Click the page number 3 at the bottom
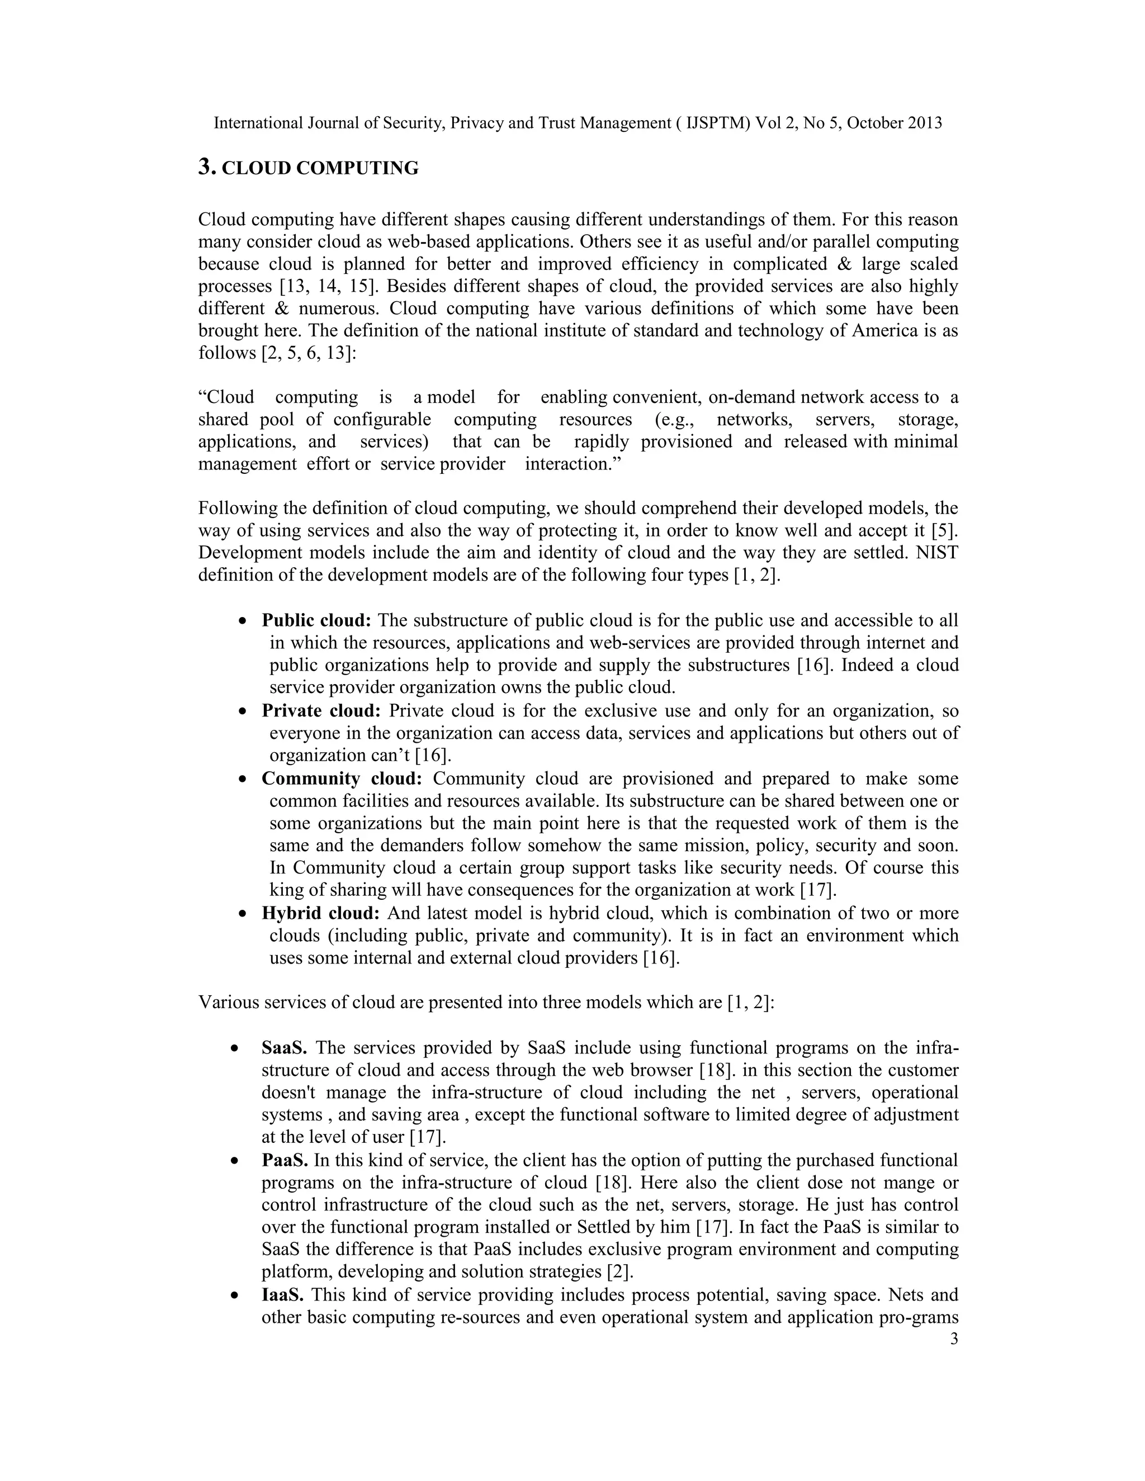pyautogui.click(x=954, y=1339)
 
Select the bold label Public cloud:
pyautogui.click(x=316, y=620)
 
